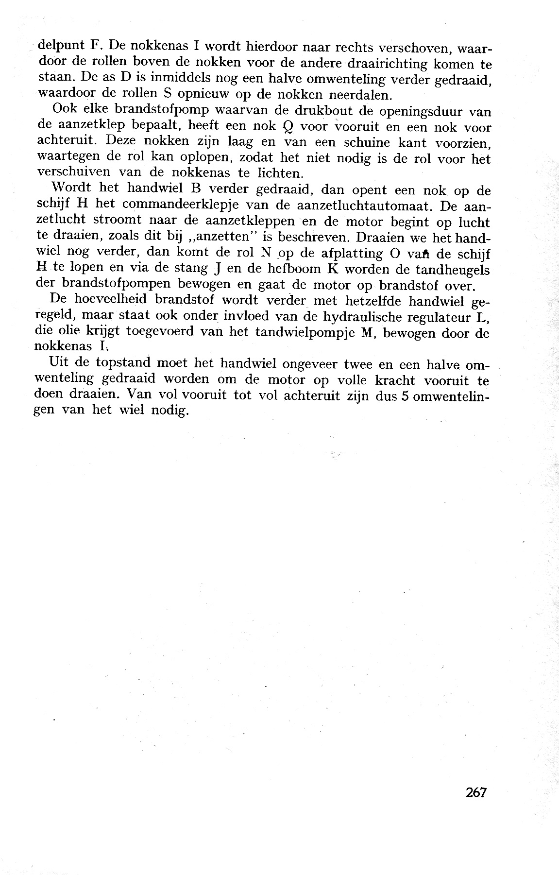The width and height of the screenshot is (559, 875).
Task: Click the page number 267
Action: coord(475,792)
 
